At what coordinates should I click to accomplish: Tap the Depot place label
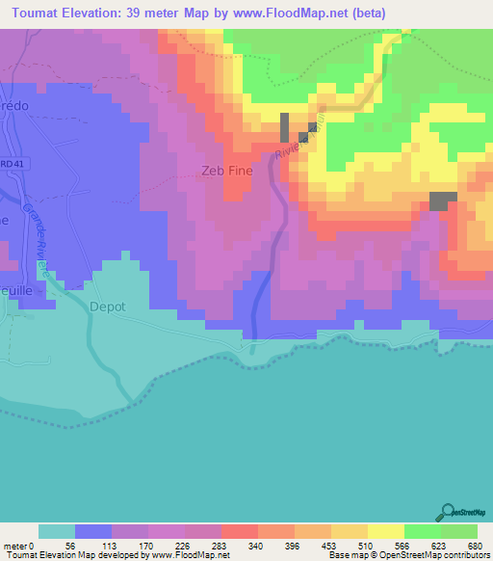point(107,307)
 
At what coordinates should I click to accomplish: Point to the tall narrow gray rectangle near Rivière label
point(285,127)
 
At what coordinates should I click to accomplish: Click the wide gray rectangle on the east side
point(442,200)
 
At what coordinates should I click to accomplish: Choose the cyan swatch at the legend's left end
point(56,531)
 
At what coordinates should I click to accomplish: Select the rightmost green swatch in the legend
point(459,531)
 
